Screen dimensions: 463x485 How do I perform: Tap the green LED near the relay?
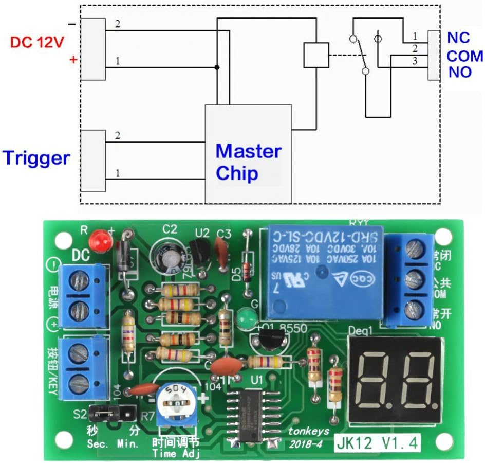247,317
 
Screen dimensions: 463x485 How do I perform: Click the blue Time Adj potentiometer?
176,402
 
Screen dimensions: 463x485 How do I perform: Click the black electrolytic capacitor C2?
167,256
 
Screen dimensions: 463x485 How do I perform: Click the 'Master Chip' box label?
249,162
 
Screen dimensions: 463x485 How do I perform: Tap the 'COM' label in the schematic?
464,56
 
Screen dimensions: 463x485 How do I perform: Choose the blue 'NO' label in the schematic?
460,72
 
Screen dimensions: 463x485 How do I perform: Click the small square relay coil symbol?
315,55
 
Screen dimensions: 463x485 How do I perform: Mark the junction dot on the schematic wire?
217,67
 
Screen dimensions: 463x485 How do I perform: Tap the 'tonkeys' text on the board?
304,432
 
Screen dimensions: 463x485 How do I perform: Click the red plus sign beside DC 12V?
73,60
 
